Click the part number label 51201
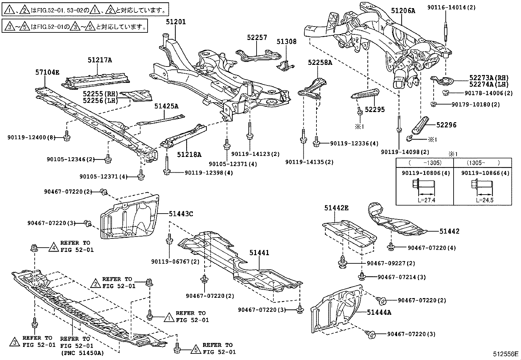[x=175, y=22]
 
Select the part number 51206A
[x=403, y=11]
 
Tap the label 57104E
[x=47, y=72]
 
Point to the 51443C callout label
[x=181, y=214]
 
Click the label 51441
[x=259, y=253]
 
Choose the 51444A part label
[x=379, y=312]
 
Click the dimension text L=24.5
[x=485, y=200]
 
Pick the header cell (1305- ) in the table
[x=481, y=162]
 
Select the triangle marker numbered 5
[x=195, y=349]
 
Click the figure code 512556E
[x=506, y=354]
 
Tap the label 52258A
[x=320, y=62]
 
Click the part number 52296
[x=446, y=125]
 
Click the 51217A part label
[x=99, y=60]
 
